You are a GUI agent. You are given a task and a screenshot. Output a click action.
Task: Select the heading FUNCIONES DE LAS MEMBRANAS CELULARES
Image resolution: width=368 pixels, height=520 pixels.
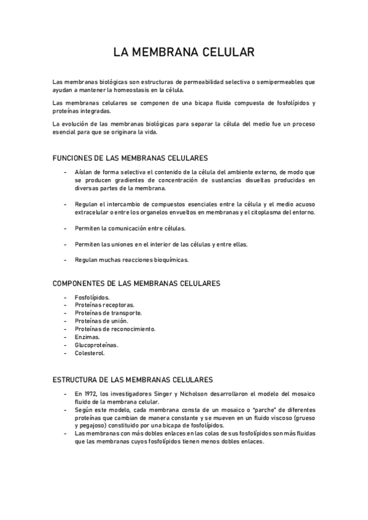[x=130, y=158]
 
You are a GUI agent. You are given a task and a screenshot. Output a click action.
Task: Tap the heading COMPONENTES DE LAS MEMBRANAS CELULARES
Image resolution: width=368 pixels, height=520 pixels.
[x=137, y=283]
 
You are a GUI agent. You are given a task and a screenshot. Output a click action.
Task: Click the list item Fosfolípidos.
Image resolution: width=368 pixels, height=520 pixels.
[x=92, y=297]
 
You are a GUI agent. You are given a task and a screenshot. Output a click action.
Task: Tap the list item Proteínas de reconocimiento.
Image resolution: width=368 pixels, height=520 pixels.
[x=115, y=329]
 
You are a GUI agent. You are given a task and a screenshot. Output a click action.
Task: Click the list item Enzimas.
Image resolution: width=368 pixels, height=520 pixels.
[x=87, y=337]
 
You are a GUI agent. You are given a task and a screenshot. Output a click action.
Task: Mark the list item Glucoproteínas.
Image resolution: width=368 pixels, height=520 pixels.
[x=96, y=345]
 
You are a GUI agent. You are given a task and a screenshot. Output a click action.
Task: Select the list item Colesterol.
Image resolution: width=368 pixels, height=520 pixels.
[x=90, y=353]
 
